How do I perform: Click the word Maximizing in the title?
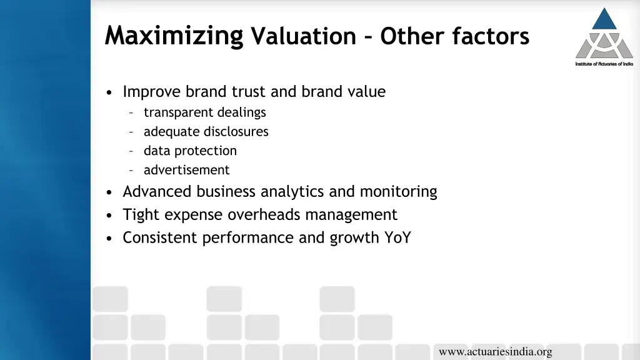pyautogui.click(x=174, y=36)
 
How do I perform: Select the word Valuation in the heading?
pyautogui.click(x=302, y=37)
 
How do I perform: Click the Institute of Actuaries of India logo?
pyautogui.click(x=604, y=37)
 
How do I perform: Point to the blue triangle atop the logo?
pyautogui.click(x=604, y=19)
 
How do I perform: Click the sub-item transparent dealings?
pyautogui.click(x=204, y=112)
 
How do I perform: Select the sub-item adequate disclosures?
pyautogui.click(x=206, y=132)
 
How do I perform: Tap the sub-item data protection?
pyautogui.click(x=190, y=151)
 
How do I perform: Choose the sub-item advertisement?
pyautogui.click(x=186, y=170)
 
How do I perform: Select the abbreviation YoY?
pyautogui.click(x=397, y=238)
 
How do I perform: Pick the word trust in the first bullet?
pyautogui.click(x=249, y=92)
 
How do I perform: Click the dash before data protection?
pyautogui.click(x=131, y=151)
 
